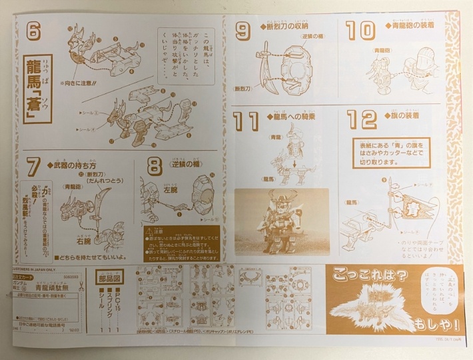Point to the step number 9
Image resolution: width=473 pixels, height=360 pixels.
click(x=244, y=30)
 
